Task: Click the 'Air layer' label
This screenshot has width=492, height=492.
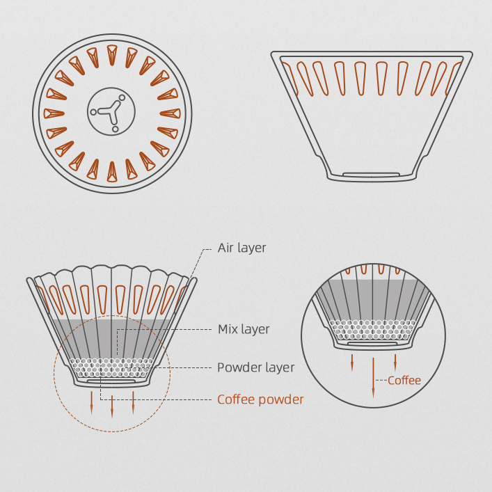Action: [241, 248]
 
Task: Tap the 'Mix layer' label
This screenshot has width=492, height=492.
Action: [244, 329]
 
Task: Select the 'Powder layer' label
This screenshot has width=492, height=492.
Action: [255, 367]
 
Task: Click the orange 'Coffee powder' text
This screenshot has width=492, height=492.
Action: [260, 399]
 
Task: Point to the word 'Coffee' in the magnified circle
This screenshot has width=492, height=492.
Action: [404, 380]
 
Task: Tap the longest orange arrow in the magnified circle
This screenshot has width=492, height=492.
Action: [373, 378]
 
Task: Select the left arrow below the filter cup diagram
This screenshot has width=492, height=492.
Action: [92, 402]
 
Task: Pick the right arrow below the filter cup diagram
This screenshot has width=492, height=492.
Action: [133, 402]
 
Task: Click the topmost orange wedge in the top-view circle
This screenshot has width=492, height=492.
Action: [112, 54]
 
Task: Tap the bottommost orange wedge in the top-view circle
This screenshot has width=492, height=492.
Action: [112, 172]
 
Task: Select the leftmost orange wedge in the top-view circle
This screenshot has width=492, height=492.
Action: [54, 113]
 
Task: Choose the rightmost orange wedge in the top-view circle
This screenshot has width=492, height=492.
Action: [170, 113]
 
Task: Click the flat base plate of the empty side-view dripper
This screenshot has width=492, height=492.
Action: [371, 174]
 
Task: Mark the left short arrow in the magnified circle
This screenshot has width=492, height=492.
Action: [352, 363]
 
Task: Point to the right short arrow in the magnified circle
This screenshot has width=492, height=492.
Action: [395, 363]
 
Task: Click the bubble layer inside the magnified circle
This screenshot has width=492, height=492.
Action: [373, 330]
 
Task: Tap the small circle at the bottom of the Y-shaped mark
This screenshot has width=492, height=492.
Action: [115, 129]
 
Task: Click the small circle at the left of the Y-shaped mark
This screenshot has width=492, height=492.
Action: [93, 112]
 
